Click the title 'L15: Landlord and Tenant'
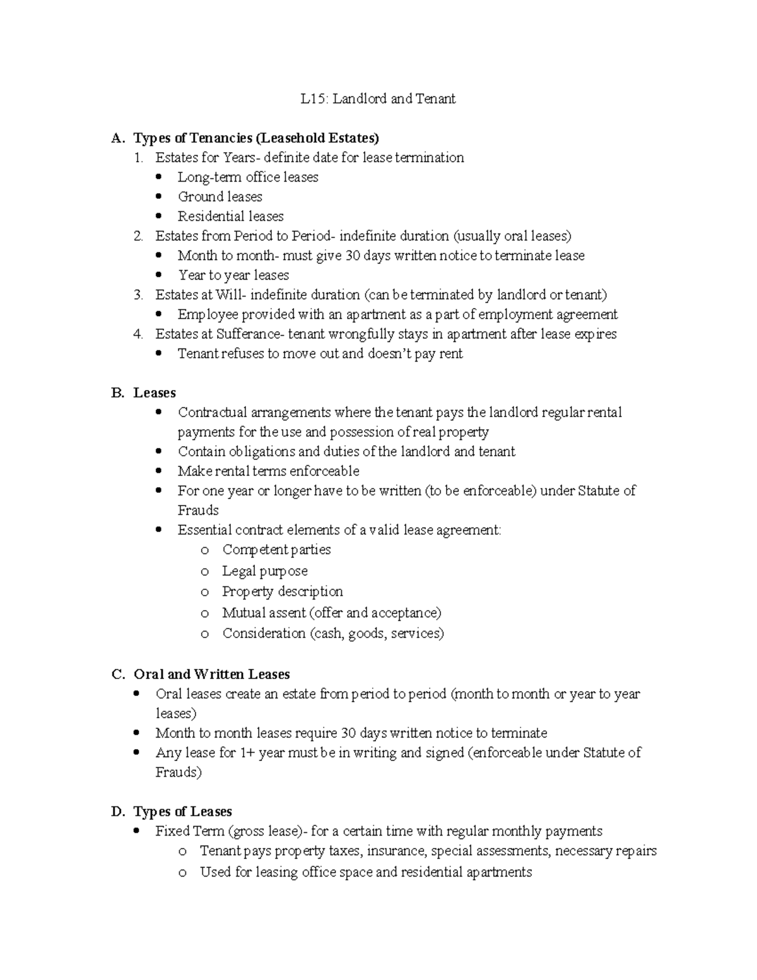coord(378,99)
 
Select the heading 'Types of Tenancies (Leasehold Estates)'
coord(256,138)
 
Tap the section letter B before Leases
coord(117,393)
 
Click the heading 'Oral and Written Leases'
coord(211,675)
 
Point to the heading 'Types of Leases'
coord(182,812)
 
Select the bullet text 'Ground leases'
coord(220,197)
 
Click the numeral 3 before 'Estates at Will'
coord(138,295)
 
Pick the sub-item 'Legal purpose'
coord(264,571)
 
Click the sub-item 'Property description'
coord(282,592)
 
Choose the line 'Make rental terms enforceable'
coord(268,471)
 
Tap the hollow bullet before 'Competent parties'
coord(204,551)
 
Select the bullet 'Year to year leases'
coord(233,275)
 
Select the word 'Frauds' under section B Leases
coord(198,511)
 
